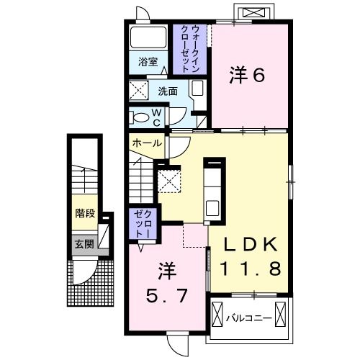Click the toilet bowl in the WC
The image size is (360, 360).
pos(142,117)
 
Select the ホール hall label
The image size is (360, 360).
pos(146,143)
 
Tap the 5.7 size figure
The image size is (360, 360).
pos(167,294)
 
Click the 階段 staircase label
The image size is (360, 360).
pos(86,213)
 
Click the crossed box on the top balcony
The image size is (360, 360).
pos(253,13)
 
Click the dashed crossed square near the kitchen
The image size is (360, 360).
pos(169,179)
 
